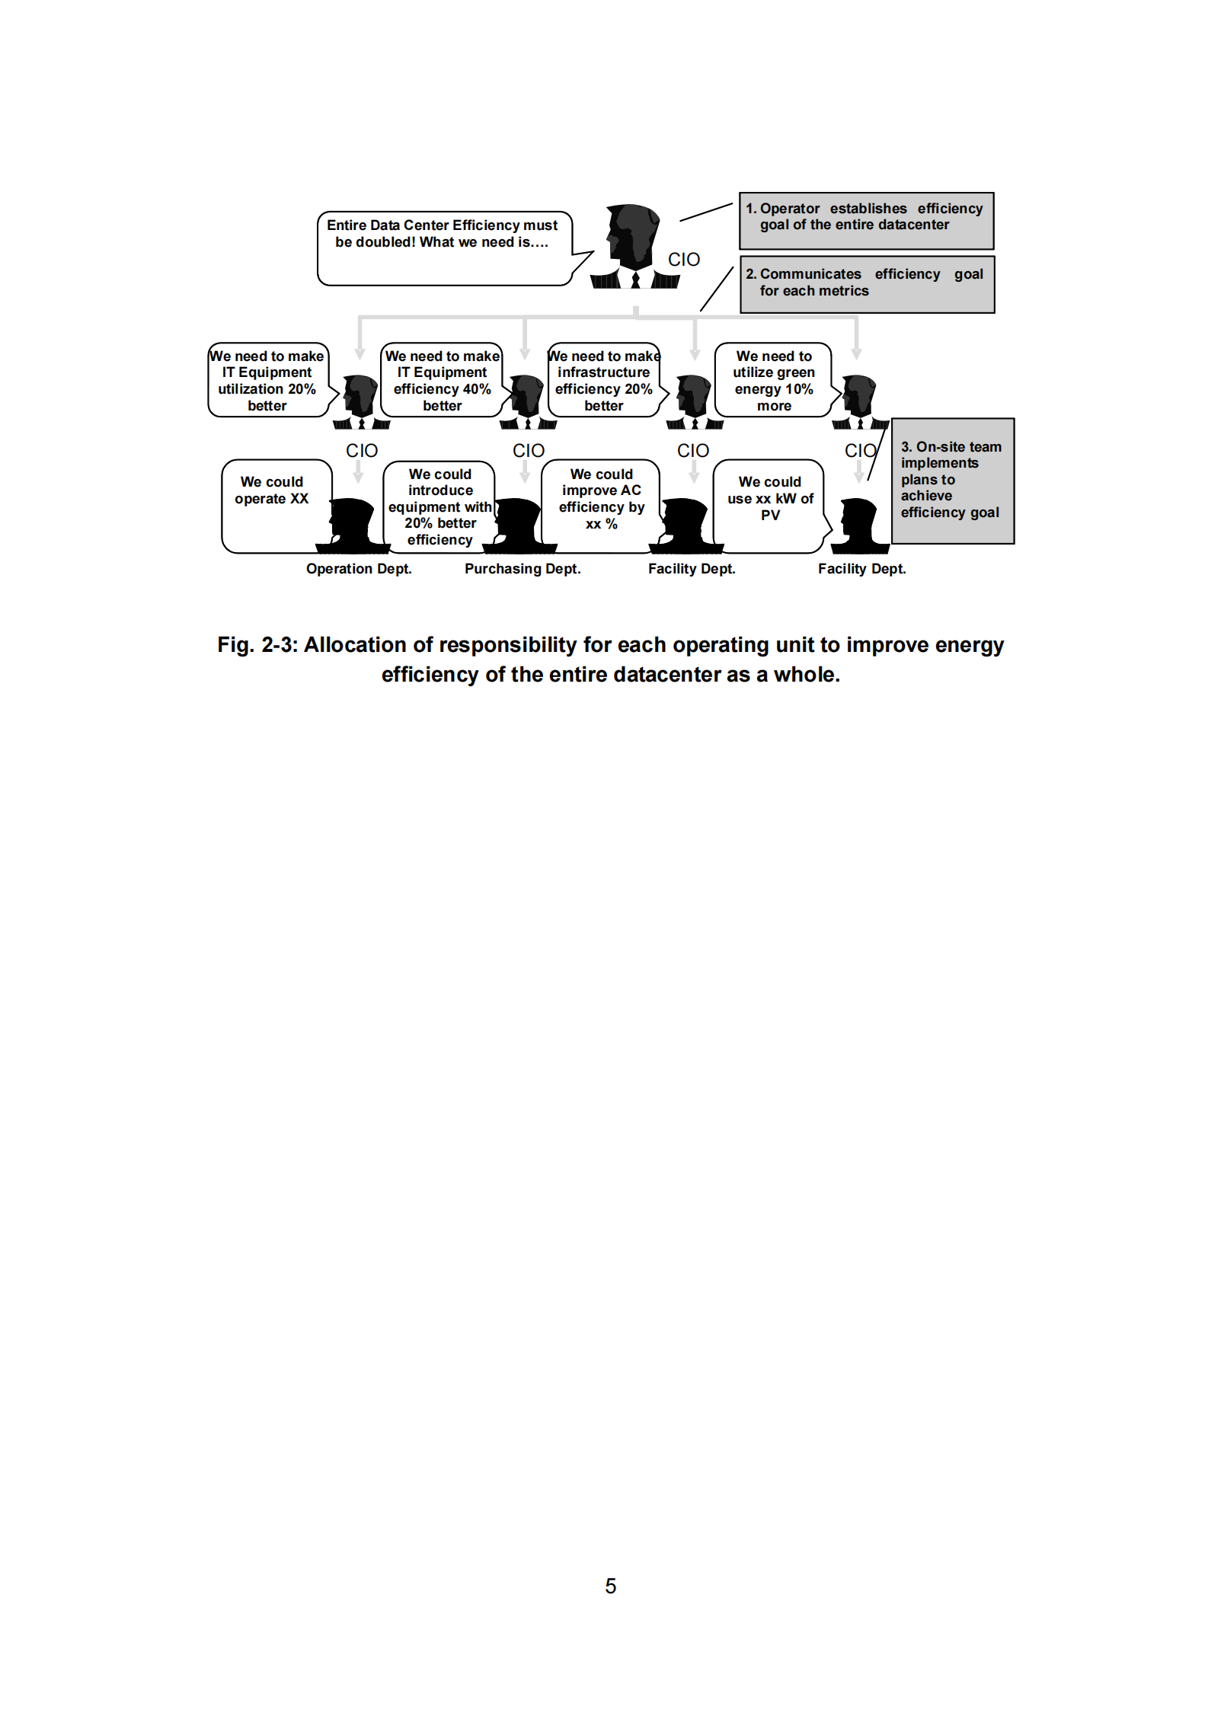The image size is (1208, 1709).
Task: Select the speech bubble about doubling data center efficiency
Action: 443,248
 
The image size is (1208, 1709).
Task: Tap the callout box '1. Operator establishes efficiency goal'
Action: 866,220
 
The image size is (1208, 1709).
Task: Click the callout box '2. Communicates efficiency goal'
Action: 867,285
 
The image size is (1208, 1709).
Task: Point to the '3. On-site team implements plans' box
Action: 952,481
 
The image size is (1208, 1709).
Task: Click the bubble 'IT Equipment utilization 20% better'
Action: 267,380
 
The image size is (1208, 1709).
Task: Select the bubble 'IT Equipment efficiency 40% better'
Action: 442,380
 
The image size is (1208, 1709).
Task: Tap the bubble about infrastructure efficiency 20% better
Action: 603,380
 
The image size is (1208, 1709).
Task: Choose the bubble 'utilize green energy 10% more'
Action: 773,380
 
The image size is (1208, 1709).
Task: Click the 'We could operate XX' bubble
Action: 274,504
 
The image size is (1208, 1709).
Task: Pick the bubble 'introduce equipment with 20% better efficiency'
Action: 439,506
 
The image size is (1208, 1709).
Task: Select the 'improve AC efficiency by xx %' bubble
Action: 601,503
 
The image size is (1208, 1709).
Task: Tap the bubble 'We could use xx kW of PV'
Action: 769,504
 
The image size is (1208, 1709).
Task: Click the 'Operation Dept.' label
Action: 359,569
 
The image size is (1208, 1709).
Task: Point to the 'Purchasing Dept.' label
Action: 523,569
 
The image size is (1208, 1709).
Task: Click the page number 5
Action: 610,1586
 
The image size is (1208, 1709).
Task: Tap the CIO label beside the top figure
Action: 683,260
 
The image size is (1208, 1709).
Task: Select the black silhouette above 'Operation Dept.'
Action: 354,525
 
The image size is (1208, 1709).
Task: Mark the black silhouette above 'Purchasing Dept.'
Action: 520,525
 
